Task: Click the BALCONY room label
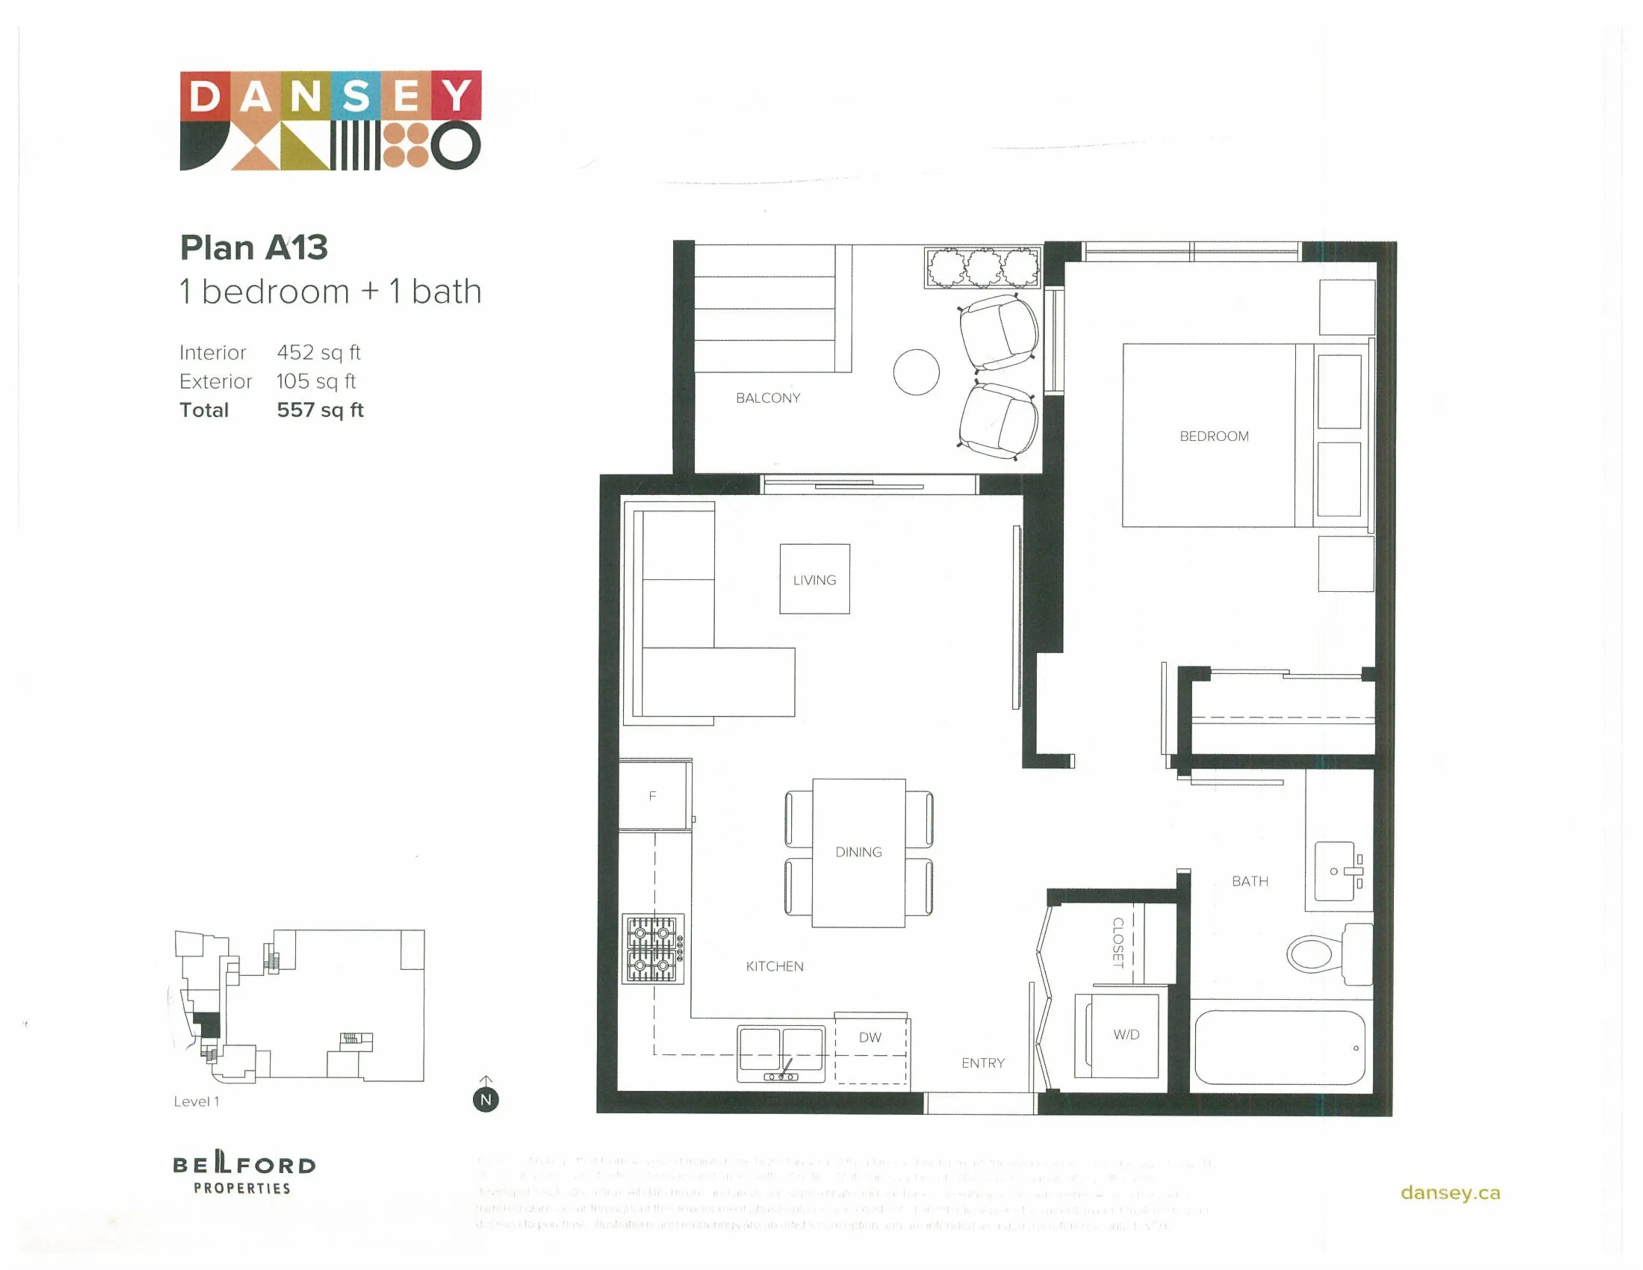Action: tap(767, 398)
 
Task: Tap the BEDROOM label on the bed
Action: tap(1213, 436)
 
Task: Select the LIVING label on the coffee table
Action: tap(814, 580)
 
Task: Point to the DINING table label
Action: tap(858, 852)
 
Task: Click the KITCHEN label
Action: tap(774, 966)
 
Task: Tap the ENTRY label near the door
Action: tap(982, 1063)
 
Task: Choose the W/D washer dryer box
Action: tap(1125, 1035)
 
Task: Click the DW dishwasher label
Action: tap(870, 1038)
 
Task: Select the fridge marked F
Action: tap(653, 795)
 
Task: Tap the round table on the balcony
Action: tap(916, 372)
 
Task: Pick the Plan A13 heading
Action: tap(254, 247)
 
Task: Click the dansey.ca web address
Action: tap(1450, 1193)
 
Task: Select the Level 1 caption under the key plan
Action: tap(196, 1101)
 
